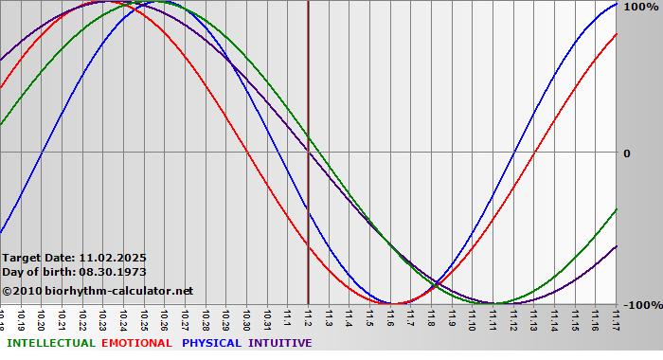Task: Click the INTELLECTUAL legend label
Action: [50, 343]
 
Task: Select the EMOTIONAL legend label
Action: [136, 343]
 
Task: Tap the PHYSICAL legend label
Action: [211, 343]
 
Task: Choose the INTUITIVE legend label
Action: [279, 343]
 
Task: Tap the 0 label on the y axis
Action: [626, 153]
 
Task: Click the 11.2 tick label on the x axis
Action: [308, 316]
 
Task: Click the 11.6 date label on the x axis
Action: [389, 316]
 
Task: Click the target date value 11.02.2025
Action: [113, 258]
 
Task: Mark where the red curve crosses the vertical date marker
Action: [308, 246]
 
